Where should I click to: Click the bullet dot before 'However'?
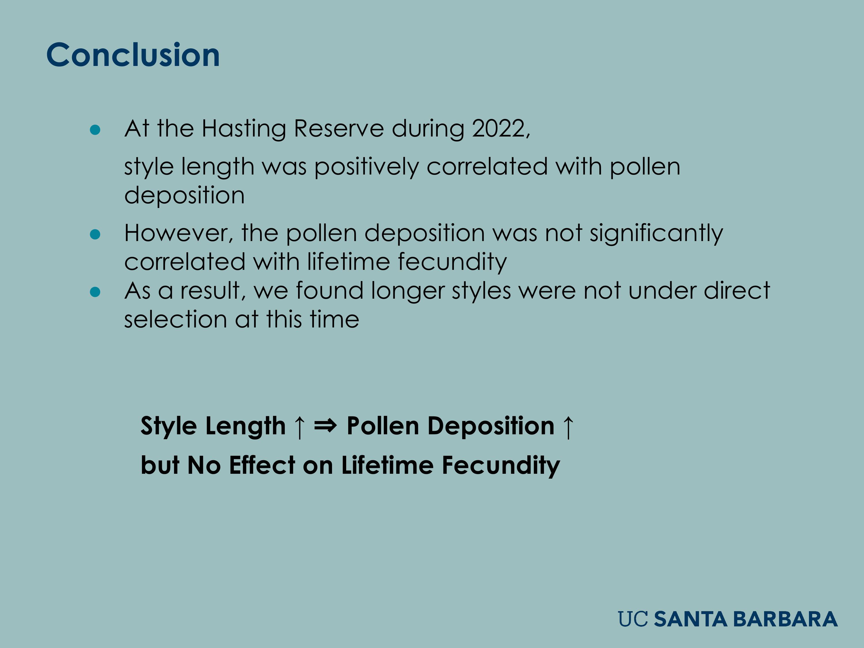[x=95, y=234]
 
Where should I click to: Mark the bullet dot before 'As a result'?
[x=95, y=292]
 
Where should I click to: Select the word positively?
[x=366, y=167]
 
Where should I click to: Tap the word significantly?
[x=656, y=234]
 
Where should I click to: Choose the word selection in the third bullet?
[x=175, y=319]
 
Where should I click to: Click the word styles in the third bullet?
[x=481, y=291]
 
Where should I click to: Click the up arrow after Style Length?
[x=299, y=427]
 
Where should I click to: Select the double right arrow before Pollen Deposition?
[x=325, y=425]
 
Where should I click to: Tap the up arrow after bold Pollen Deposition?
[x=568, y=427]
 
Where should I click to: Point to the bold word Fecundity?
[x=501, y=466]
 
